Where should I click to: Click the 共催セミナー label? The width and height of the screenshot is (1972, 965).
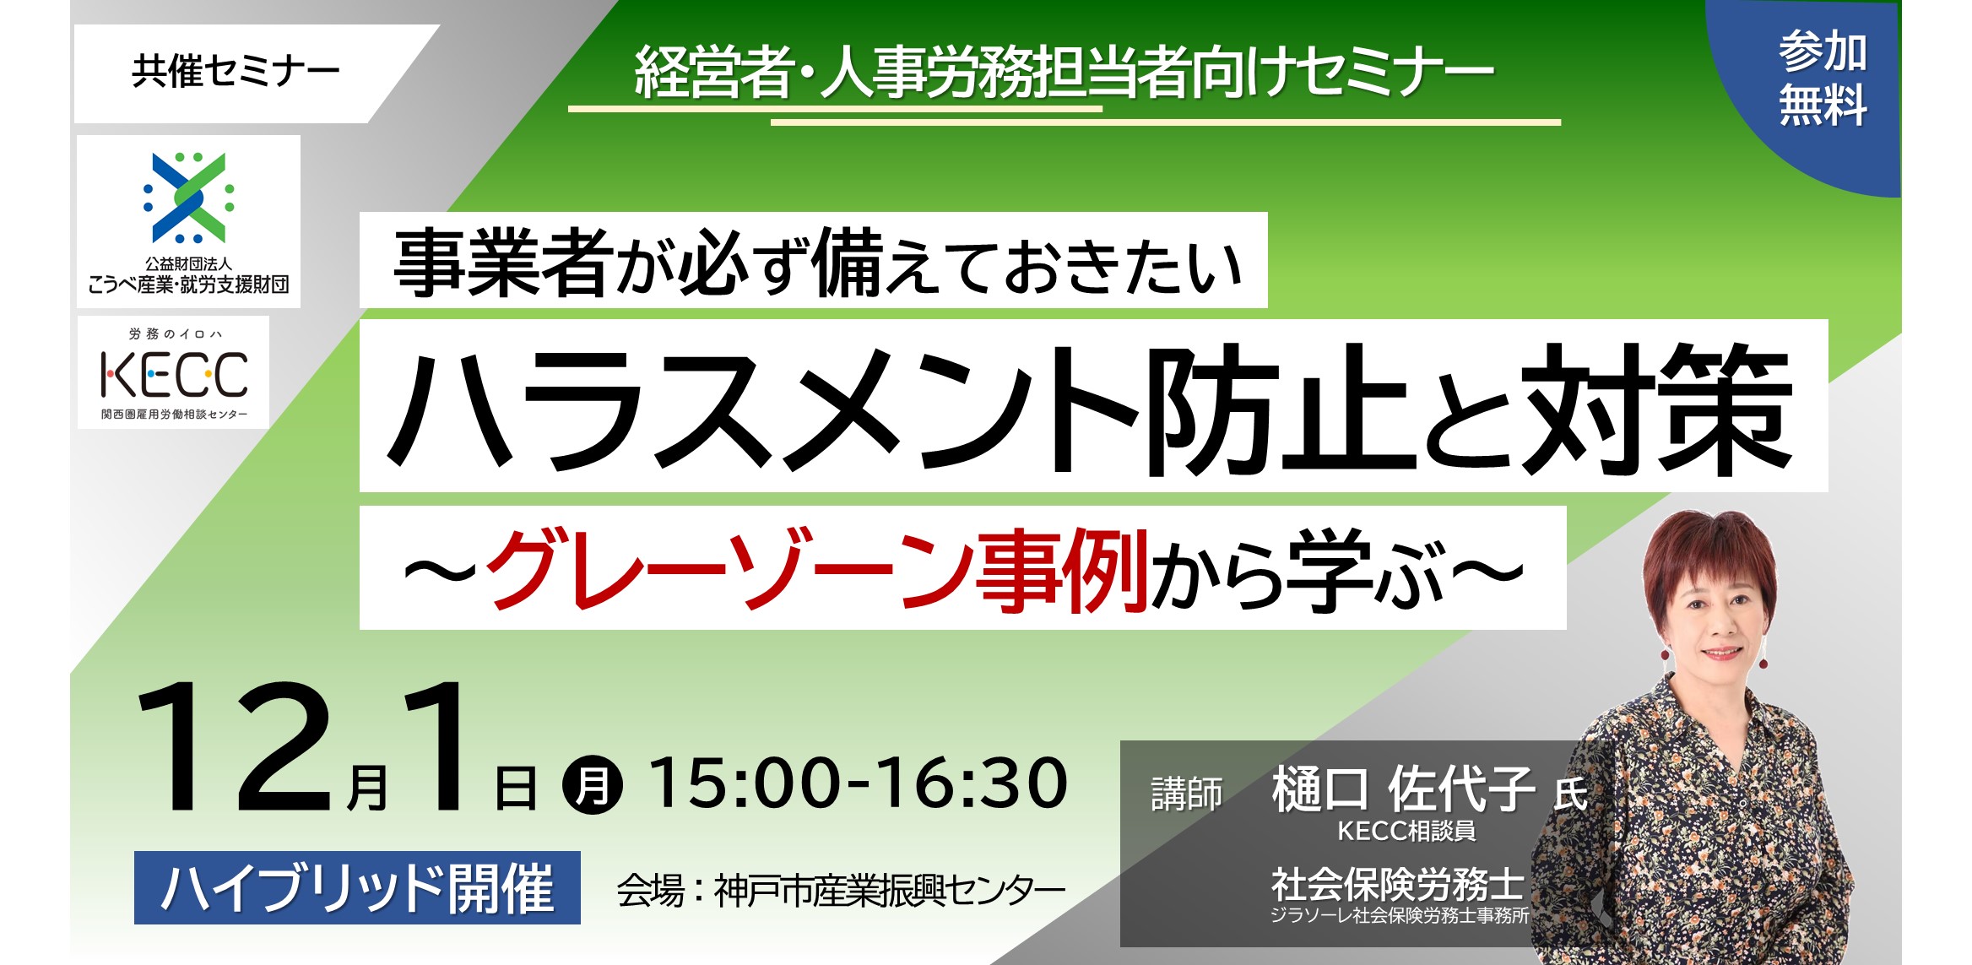[x=236, y=72]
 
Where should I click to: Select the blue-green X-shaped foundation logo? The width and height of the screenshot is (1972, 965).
[x=189, y=198]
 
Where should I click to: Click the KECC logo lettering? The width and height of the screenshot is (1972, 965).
[x=174, y=375]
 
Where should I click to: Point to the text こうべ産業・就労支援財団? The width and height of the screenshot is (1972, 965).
[x=188, y=285]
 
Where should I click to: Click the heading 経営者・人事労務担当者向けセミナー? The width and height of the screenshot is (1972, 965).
[x=1064, y=73]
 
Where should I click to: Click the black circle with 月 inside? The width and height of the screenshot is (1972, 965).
[x=593, y=784]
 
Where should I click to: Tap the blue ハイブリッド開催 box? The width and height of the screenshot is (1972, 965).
[x=357, y=887]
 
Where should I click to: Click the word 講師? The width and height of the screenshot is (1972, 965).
[x=1186, y=794]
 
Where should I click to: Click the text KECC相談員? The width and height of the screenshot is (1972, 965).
[x=1406, y=832]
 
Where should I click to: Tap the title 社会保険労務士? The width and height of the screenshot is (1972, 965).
[x=1398, y=885]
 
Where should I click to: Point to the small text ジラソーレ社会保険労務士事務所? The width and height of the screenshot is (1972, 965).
[x=1400, y=915]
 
